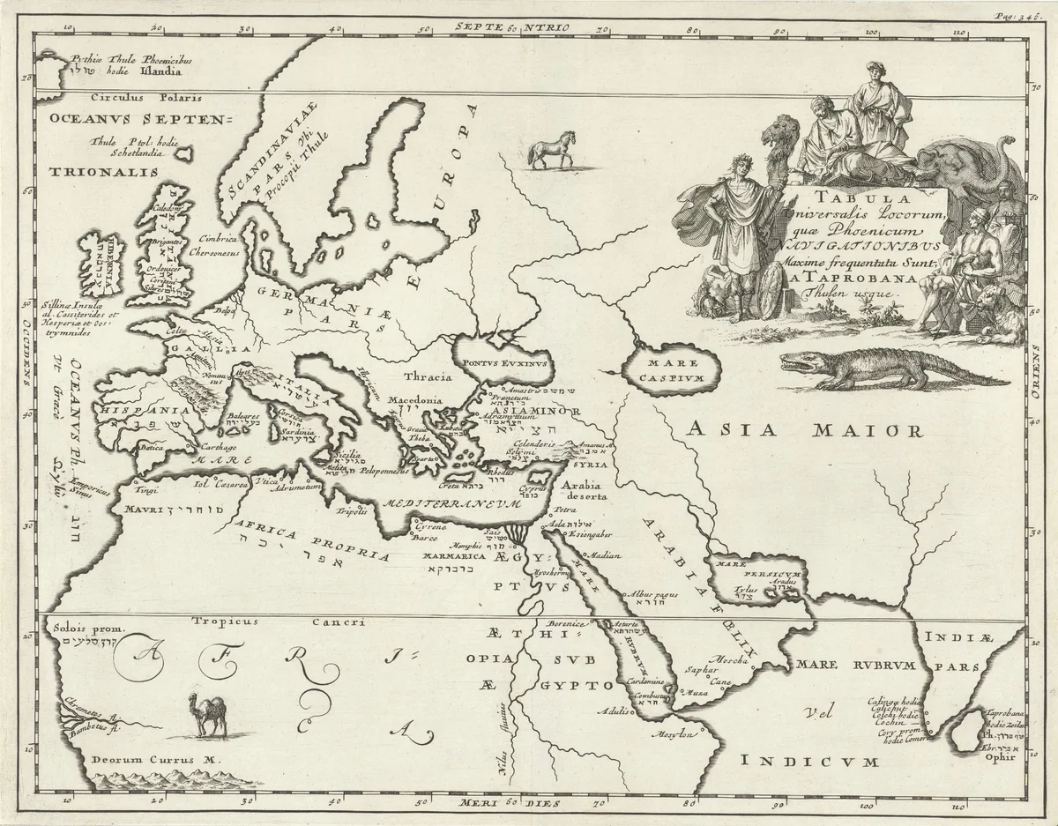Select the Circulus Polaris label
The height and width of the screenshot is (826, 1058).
point(134,97)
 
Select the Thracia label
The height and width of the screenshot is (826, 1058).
point(429,376)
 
